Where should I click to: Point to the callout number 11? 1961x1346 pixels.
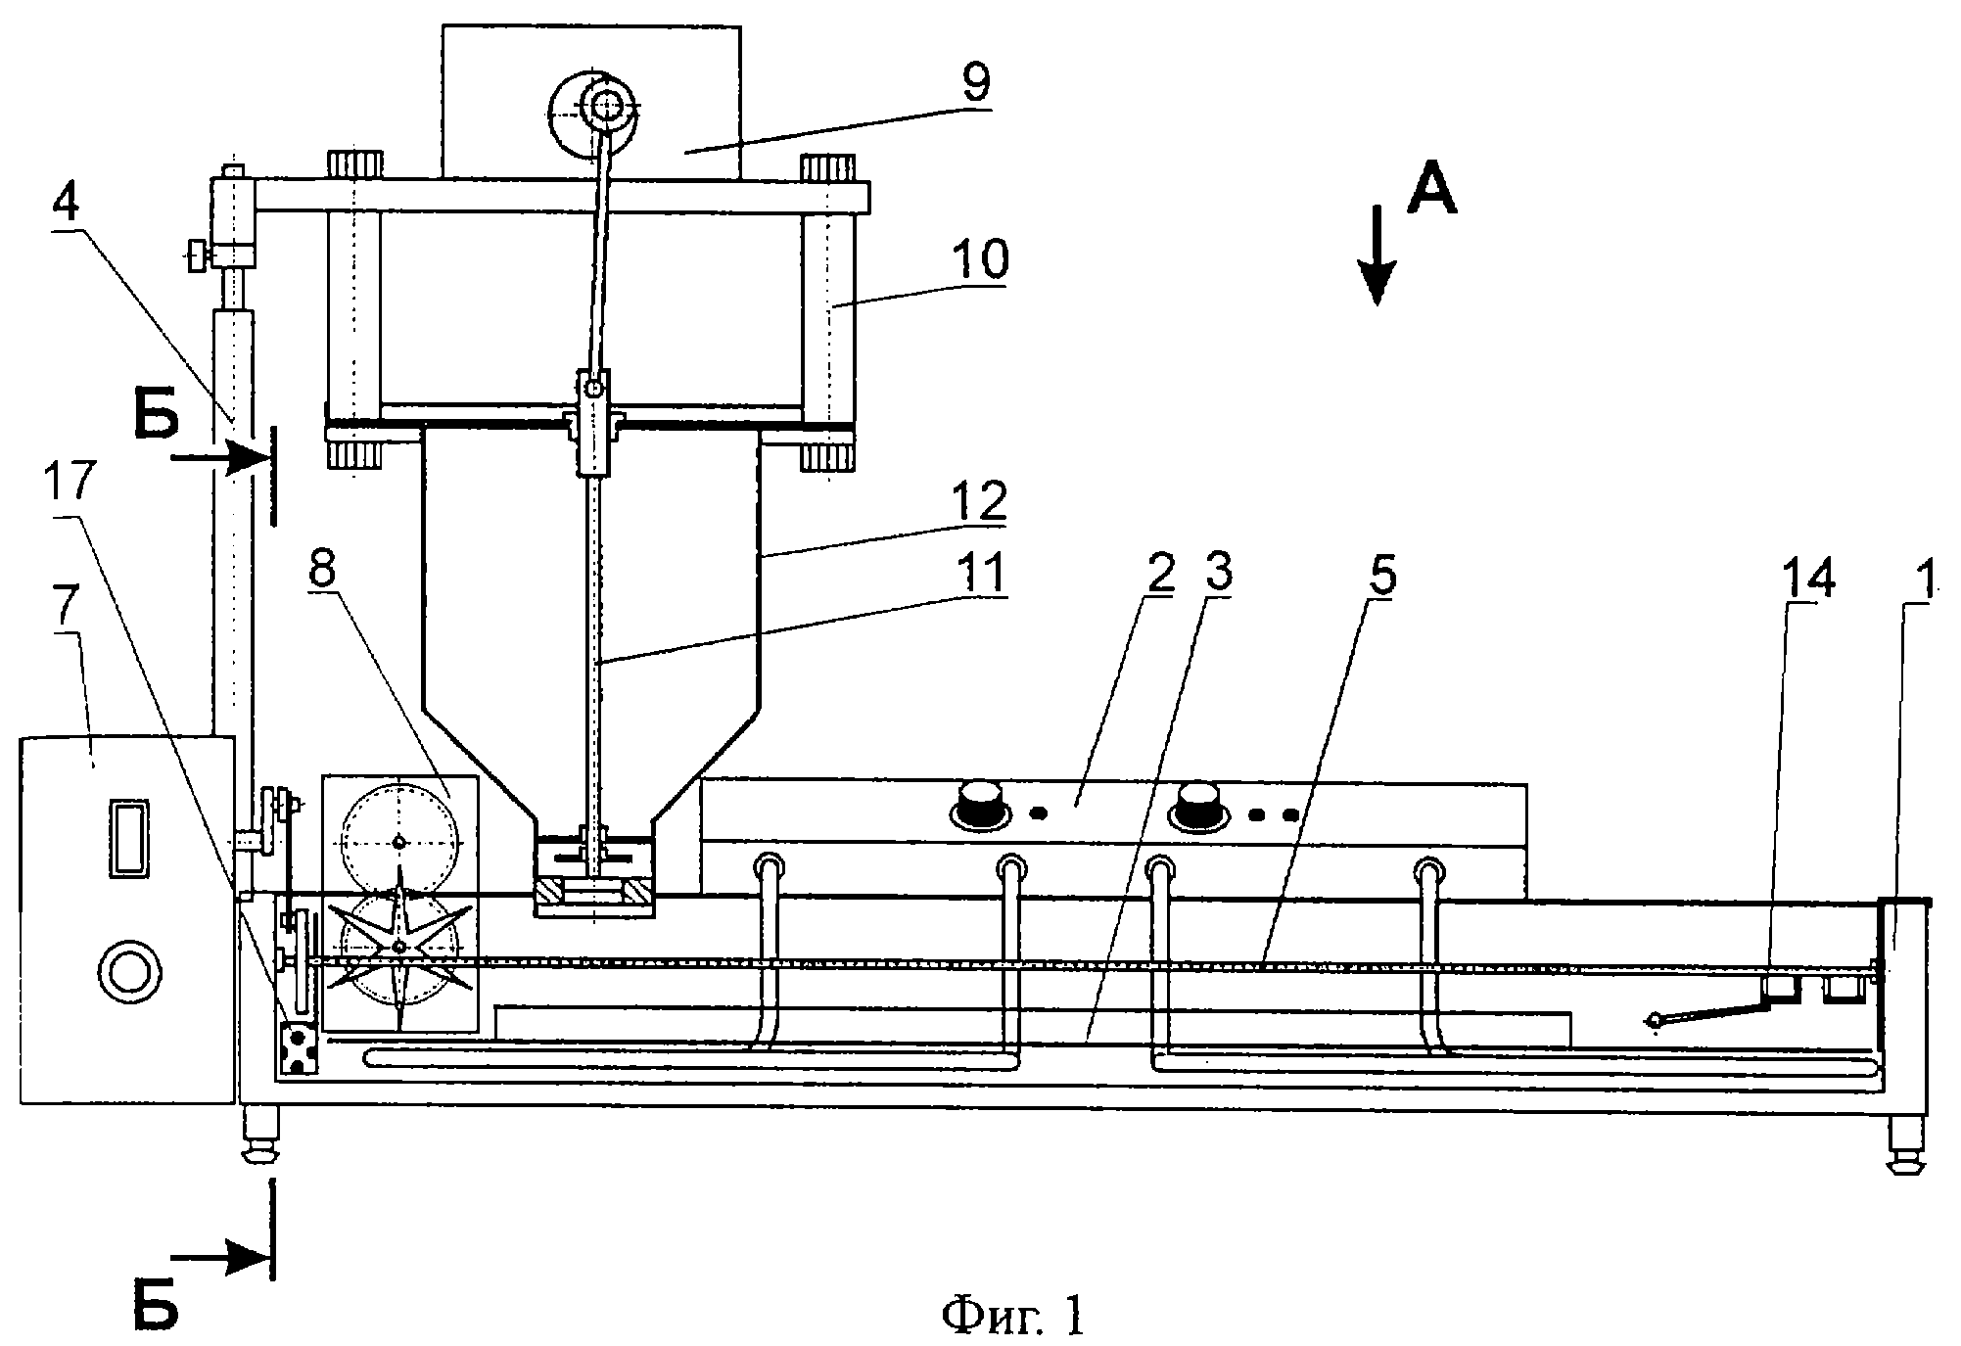979,576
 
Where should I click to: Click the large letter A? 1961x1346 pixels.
1431,186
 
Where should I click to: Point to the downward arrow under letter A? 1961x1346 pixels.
1377,254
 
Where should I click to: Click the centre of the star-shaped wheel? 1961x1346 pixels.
398,947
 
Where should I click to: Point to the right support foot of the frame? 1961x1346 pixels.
1903,1143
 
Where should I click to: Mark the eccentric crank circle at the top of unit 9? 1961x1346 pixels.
591,109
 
